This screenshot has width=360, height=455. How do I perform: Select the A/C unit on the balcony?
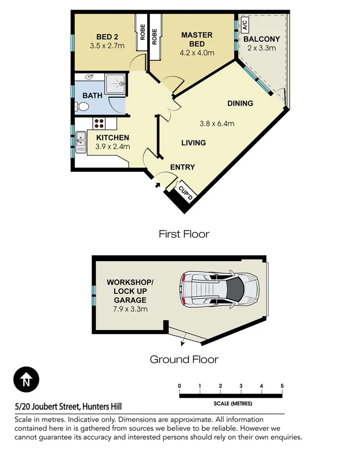coord(244,23)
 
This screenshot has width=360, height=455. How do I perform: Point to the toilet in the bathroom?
coord(81,107)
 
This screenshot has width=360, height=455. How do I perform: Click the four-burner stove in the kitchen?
coord(99,123)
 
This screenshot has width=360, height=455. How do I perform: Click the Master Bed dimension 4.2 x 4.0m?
coord(197,53)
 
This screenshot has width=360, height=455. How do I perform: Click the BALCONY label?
coord(262,39)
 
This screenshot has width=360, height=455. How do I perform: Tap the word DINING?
coord(240,103)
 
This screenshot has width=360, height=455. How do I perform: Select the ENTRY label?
coord(183,167)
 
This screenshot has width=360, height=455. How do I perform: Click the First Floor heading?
coord(184,234)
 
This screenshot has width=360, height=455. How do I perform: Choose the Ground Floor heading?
coord(184,359)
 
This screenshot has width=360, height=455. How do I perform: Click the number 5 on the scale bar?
coord(282,386)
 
